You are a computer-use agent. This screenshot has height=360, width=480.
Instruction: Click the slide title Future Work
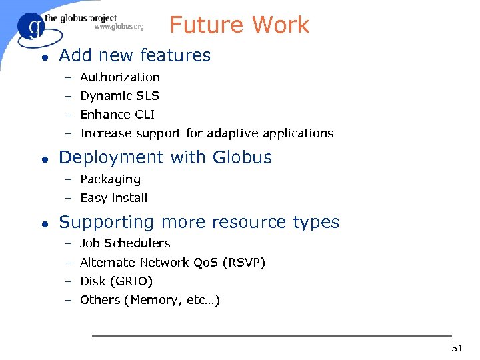[239, 25]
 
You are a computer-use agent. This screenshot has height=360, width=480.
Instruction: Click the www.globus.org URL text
[119, 27]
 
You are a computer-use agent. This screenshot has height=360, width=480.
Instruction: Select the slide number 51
[457, 348]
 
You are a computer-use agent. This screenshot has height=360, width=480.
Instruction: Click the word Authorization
[120, 77]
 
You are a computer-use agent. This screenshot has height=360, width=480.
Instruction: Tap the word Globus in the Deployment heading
[242, 158]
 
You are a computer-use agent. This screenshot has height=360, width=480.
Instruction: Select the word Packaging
[110, 179]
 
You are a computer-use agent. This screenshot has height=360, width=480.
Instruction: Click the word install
[130, 198]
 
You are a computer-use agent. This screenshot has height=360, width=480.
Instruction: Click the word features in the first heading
[178, 56]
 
